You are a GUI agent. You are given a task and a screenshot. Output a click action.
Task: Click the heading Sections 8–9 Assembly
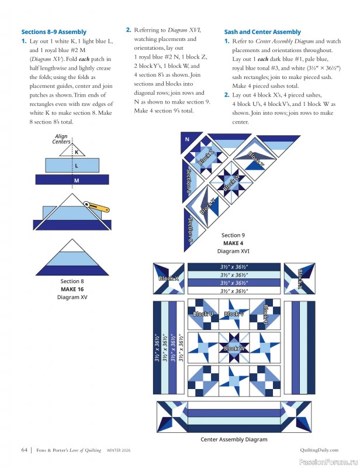click(x=54, y=32)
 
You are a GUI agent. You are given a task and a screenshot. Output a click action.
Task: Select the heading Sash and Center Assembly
click(x=262, y=32)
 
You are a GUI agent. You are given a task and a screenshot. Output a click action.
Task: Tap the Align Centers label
click(x=61, y=139)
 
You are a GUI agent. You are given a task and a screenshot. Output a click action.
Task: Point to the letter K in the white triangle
click(x=77, y=152)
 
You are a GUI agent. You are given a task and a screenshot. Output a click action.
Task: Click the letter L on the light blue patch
click(x=77, y=166)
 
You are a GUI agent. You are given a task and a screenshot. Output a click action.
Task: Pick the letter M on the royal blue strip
click(x=77, y=181)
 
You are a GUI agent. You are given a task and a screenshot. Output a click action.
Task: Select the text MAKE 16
click(x=72, y=289)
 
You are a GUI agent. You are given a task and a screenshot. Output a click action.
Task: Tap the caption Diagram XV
click(x=72, y=297)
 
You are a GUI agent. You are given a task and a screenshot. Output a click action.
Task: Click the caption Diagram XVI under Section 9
click(x=233, y=251)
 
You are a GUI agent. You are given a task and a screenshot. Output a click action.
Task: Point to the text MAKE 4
click(x=233, y=243)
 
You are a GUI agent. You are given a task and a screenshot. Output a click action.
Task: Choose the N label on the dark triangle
click(x=188, y=140)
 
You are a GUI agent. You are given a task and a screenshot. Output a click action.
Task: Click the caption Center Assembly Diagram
click(x=234, y=439)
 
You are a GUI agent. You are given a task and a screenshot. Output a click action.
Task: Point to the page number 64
click(x=25, y=450)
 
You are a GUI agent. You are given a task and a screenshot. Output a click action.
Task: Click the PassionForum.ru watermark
click(x=330, y=461)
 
